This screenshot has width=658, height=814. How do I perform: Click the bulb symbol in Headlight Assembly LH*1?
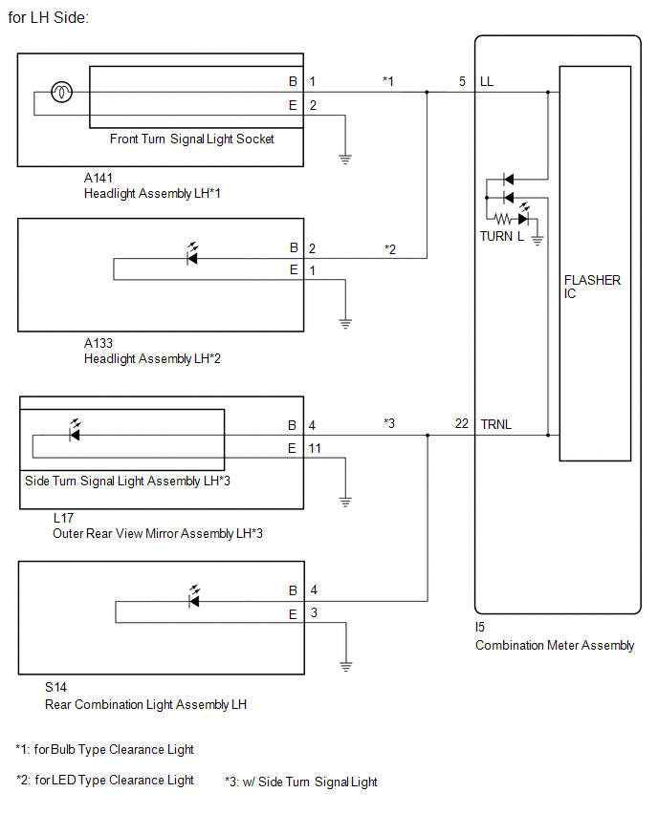click(x=61, y=93)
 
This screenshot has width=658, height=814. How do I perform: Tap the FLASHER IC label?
click(x=592, y=287)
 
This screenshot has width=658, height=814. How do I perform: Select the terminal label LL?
click(x=487, y=81)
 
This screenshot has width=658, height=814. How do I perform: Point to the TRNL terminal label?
click(x=495, y=424)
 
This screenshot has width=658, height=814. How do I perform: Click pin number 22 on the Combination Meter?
click(x=462, y=423)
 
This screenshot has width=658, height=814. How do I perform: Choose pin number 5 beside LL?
click(x=462, y=81)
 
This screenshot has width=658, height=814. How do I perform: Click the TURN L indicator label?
click(x=501, y=236)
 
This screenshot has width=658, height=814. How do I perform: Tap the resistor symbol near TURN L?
click(x=503, y=219)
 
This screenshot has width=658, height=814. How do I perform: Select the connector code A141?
click(x=99, y=178)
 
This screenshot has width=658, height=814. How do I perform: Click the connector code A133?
click(x=99, y=343)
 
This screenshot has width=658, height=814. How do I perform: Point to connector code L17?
click(x=63, y=518)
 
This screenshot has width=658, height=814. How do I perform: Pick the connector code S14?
click(x=55, y=687)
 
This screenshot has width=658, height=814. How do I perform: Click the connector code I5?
click(x=480, y=627)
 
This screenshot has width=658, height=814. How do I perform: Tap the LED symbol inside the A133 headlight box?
click(x=192, y=254)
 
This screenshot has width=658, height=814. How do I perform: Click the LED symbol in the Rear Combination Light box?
click(x=194, y=597)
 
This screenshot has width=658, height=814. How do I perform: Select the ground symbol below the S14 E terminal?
click(x=345, y=667)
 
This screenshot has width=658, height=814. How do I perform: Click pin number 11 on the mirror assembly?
click(x=315, y=448)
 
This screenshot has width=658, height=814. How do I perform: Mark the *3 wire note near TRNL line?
click(x=389, y=423)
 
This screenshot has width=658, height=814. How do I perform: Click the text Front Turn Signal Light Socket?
click(x=192, y=139)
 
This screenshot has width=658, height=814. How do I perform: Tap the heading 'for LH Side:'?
click(x=49, y=17)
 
